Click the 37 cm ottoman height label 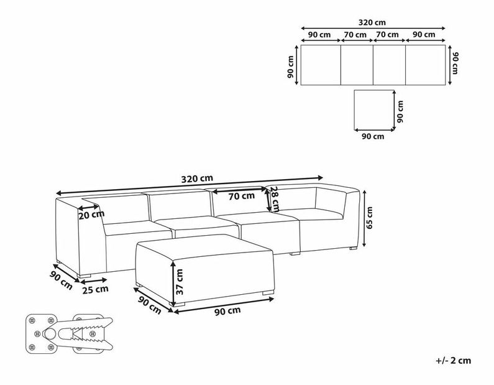(x=180, y=282)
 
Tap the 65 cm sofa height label (x=370, y=218)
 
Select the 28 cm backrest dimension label (x=275, y=199)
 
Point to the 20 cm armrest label (x=91, y=215)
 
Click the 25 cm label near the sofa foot (x=95, y=289)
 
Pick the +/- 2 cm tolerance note (x=454, y=360)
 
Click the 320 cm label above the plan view (x=372, y=22)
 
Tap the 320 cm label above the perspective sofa (x=197, y=179)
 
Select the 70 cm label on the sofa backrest (x=242, y=196)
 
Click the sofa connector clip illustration (x=69, y=333)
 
